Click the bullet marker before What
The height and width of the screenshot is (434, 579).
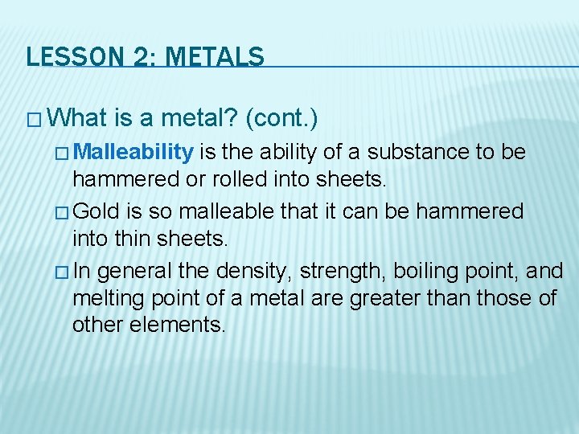pyautogui.click(x=34, y=120)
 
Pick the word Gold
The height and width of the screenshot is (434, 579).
pyautogui.click(x=100, y=211)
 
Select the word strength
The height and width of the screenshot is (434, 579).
pyautogui.click(x=281, y=271)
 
